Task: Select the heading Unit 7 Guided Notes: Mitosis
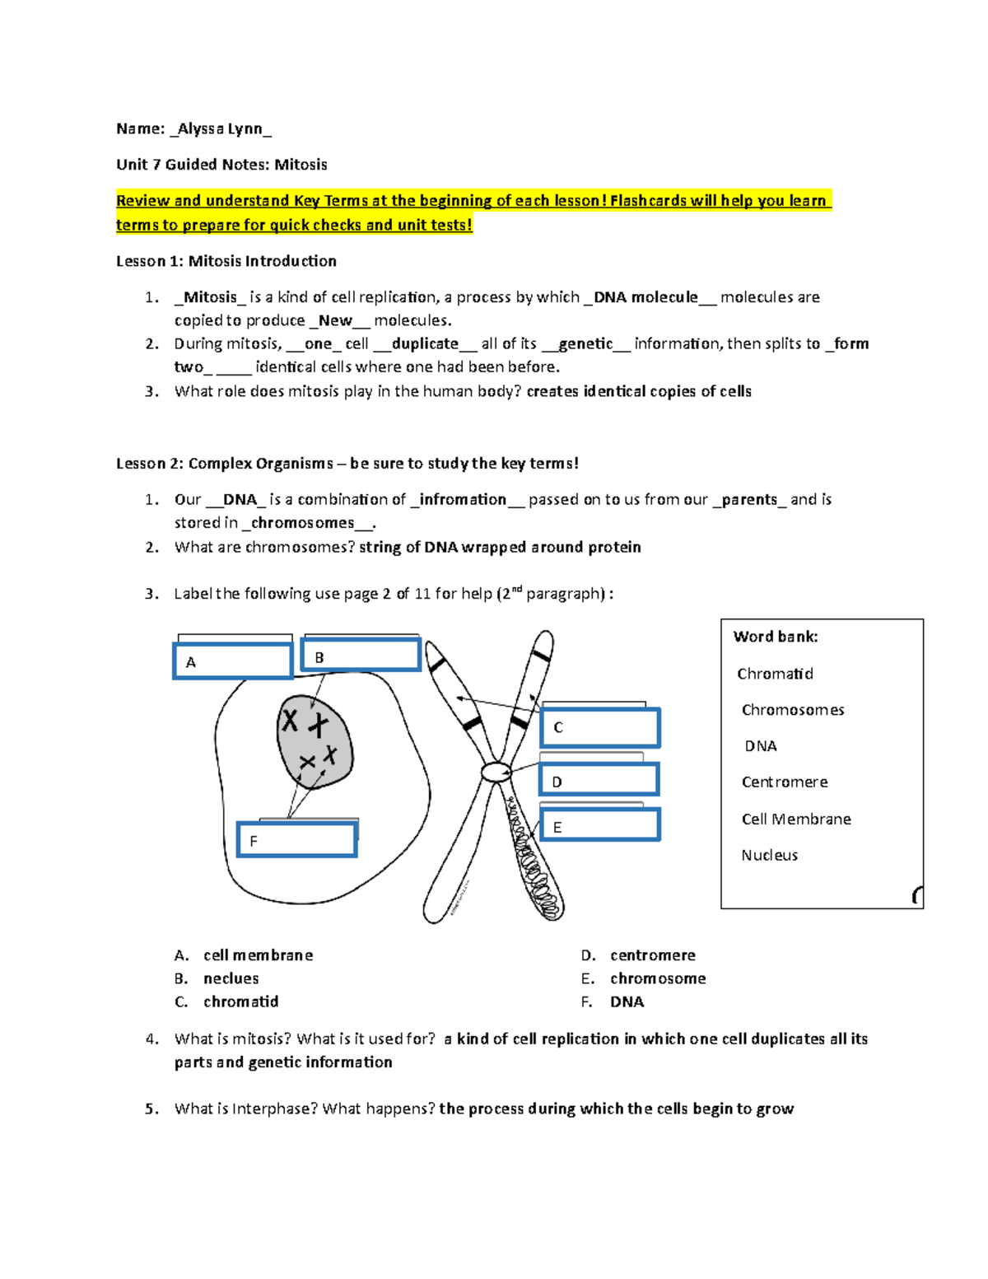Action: [221, 165]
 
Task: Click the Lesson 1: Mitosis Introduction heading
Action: [226, 261]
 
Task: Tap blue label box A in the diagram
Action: [233, 661]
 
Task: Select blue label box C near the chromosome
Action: [600, 727]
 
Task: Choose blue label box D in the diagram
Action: [599, 780]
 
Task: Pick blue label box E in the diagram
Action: [600, 825]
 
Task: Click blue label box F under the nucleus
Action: [296, 839]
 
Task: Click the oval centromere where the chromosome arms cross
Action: [496, 772]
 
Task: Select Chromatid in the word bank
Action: [775, 674]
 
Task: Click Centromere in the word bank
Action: [785, 782]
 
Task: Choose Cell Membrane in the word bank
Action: [796, 819]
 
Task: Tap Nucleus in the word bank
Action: [769, 855]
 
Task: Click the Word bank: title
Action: [776, 637]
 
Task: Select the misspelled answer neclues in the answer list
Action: [231, 978]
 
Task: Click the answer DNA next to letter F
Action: [627, 1001]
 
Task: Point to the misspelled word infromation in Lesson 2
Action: [463, 499]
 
